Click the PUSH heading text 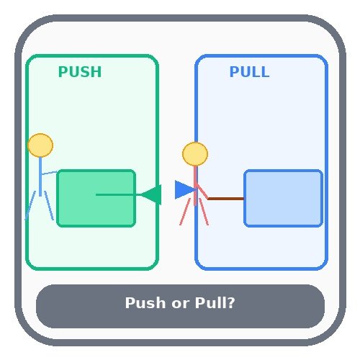(79, 73)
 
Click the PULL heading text (249, 73)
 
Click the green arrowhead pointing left (152, 194)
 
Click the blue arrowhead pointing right (184, 190)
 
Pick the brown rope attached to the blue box (226, 198)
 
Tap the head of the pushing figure (40, 145)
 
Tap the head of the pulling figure (195, 154)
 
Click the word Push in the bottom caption (144, 303)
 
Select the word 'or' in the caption (180, 304)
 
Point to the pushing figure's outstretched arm (49, 173)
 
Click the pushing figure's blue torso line (40, 173)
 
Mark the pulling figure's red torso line (195, 184)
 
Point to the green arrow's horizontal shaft (119, 194)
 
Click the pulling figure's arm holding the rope (202, 192)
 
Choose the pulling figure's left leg (185, 212)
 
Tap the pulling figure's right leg (204, 212)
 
